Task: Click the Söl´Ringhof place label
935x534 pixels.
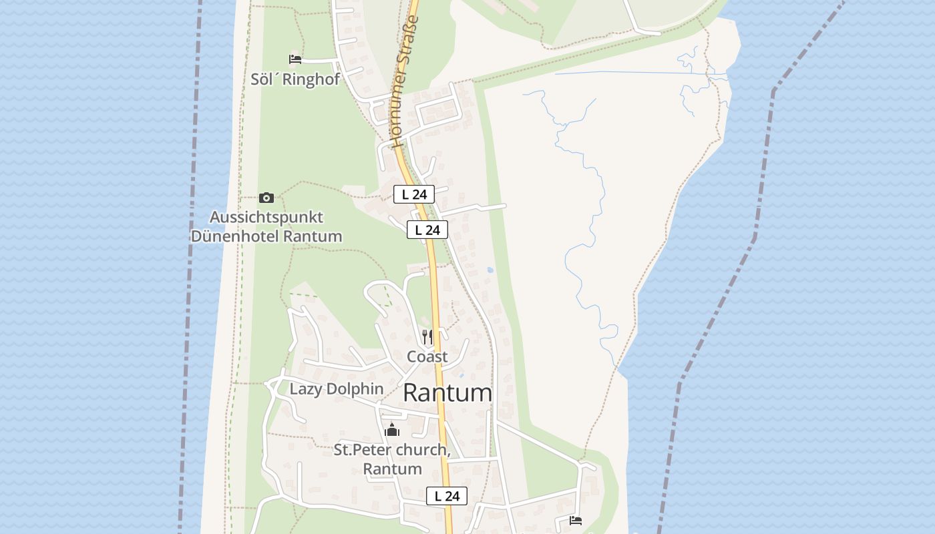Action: tap(295, 79)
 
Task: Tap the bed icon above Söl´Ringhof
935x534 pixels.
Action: tap(295, 59)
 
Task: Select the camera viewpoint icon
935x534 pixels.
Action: tap(266, 198)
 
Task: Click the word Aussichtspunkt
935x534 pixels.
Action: tap(266, 217)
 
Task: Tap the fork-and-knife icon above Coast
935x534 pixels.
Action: tap(427, 336)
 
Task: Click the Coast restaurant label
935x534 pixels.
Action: tap(427, 356)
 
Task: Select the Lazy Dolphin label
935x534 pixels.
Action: tap(337, 388)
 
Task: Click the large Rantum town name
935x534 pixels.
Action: tap(447, 392)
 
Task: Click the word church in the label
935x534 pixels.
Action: tap(421, 450)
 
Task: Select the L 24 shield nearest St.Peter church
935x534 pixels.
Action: tap(447, 496)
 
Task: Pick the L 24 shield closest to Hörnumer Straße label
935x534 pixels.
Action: tap(414, 194)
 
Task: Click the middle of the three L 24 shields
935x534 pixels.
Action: tap(427, 230)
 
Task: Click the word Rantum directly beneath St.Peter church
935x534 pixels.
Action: tap(392, 469)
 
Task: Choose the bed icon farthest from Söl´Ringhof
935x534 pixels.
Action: tap(576, 520)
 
